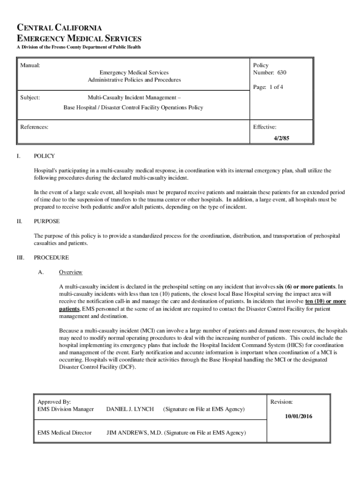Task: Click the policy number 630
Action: (x=281, y=73)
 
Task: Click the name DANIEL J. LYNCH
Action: (x=130, y=409)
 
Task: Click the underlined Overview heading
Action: (x=71, y=272)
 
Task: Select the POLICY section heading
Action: (x=44, y=156)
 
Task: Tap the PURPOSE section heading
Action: (x=47, y=221)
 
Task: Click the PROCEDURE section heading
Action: (x=51, y=258)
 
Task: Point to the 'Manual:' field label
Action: (x=30, y=65)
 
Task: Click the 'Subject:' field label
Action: (x=30, y=98)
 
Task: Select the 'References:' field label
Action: (x=34, y=127)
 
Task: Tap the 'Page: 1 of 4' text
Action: (x=268, y=87)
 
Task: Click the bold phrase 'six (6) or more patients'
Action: (x=306, y=286)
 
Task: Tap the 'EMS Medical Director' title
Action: (x=65, y=433)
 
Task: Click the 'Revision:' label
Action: (x=281, y=402)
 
